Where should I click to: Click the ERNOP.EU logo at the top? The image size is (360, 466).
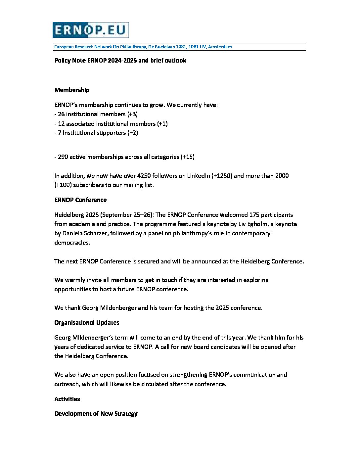tap(90, 30)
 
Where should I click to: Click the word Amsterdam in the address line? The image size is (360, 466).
tap(220, 47)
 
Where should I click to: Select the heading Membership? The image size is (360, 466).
tap(72, 90)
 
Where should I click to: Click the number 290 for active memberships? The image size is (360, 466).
tap(63, 157)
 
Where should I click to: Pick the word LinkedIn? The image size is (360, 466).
tap(198, 176)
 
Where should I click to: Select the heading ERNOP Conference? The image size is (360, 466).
tap(80, 200)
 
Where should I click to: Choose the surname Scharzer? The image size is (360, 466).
tap(95, 233)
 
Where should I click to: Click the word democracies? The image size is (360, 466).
tap(72, 243)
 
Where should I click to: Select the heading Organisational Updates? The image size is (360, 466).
tap(87, 323)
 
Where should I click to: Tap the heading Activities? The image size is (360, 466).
tap(67, 399)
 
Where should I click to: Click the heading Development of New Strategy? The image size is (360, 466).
tap(96, 414)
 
